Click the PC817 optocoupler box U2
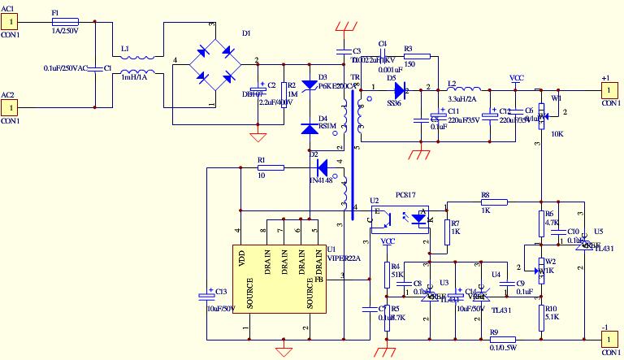[399, 218]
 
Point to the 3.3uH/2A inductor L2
[464, 88]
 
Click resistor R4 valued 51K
[387, 275]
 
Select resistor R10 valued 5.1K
[541, 317]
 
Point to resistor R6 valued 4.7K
[541, 221]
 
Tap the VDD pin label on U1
[241, 258]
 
